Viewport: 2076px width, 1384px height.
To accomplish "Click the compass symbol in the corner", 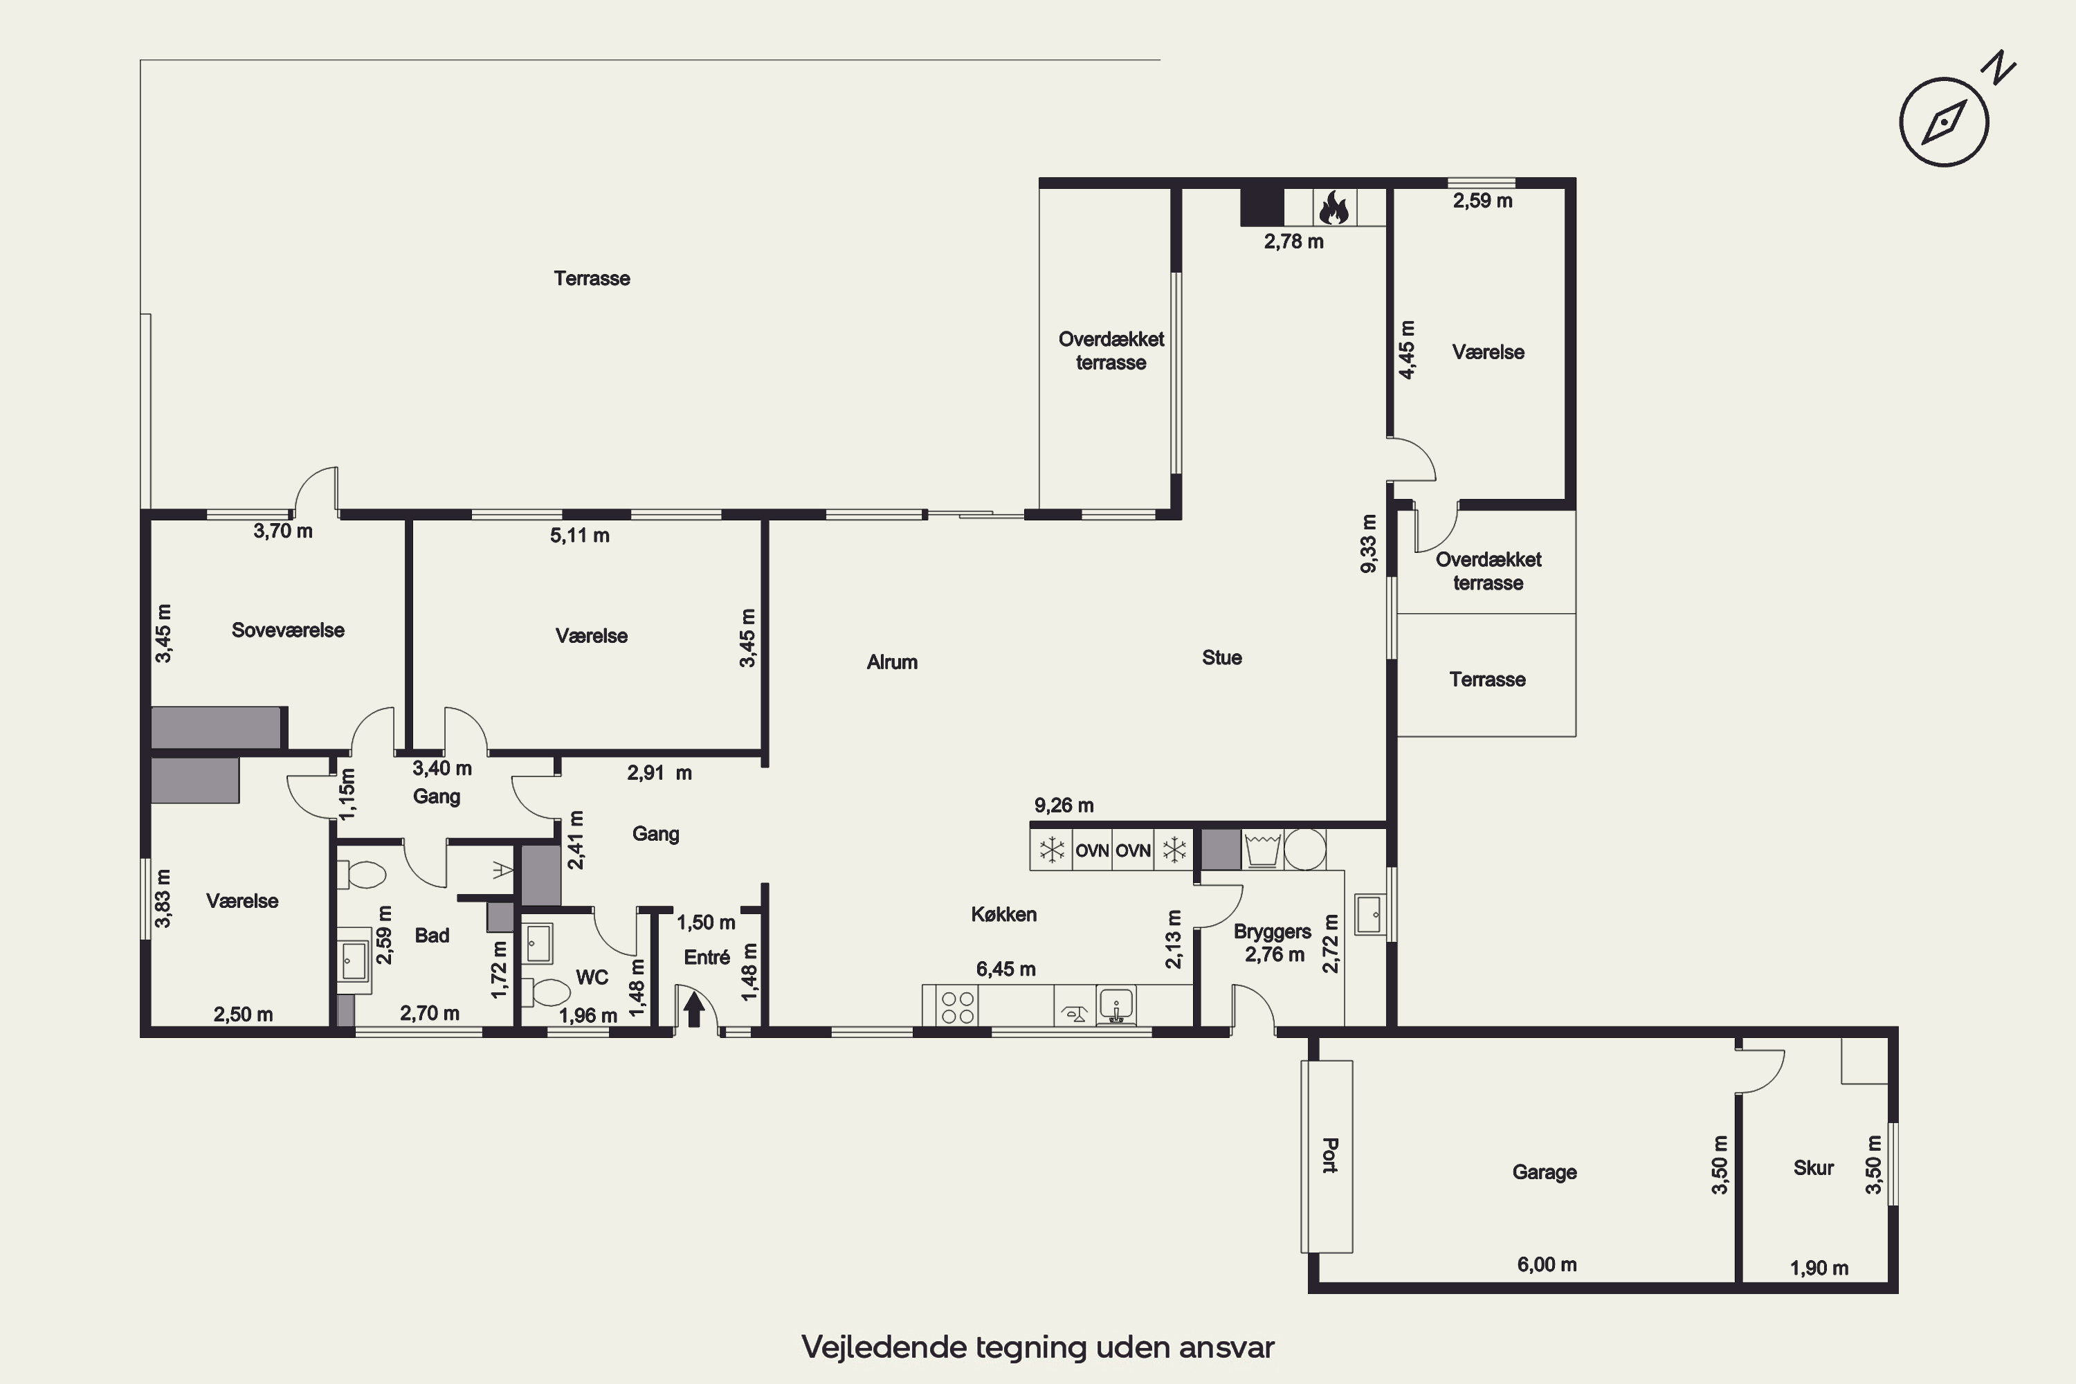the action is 1944,122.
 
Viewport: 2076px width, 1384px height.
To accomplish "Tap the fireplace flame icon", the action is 1333,208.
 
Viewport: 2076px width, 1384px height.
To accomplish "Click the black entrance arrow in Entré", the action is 694,1009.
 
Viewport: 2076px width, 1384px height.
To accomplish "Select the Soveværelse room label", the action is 288,630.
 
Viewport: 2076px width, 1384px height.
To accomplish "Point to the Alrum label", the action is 891,662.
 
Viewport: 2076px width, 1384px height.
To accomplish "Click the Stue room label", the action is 1221,657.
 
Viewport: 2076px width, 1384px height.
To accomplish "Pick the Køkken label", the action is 1003,914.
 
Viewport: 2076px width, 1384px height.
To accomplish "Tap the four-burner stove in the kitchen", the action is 958,1007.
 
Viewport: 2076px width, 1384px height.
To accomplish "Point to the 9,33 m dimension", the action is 1368,544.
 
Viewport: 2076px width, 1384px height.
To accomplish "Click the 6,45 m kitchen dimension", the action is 1005,969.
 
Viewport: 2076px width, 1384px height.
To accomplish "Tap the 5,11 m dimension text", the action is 579,535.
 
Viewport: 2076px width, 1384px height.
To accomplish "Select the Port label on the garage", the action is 1330,1156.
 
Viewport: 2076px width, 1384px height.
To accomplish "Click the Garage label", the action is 1545,1172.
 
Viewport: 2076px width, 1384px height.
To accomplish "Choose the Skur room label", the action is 1814,1168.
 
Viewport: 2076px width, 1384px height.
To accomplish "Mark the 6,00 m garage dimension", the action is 1547,1264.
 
